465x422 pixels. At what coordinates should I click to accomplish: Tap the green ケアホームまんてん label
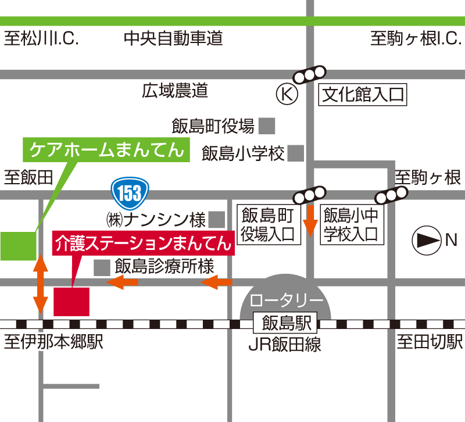107,149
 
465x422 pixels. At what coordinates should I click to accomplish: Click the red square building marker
71,301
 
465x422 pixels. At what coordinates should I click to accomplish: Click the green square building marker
18,245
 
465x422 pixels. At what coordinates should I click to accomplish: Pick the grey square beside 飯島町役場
267,126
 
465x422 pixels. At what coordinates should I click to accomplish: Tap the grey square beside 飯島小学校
296,153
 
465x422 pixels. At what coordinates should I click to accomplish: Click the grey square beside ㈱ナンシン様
217,220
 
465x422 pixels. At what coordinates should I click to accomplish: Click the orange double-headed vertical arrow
40,283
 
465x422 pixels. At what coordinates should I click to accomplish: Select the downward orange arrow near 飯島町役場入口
310,220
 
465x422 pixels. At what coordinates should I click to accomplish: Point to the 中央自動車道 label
173,40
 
